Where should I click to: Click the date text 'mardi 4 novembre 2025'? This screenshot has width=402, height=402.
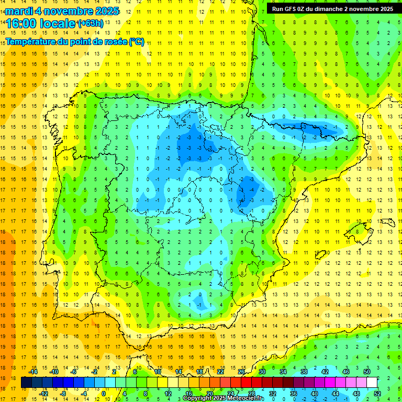click(x=62, y=11)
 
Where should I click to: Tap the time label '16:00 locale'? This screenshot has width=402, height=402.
click(x=41, y=24)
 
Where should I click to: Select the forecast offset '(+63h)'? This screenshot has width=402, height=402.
click(x=91, y=23)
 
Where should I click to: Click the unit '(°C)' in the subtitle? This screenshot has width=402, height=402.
click(x=136, y=42)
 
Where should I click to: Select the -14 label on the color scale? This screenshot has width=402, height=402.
click(x=33, y=372)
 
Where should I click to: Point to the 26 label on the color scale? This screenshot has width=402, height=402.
click(x=241, y=372)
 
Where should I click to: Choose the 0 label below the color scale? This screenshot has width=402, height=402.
click(x=104, y=393)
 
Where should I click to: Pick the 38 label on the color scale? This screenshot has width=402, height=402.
click(x=304, y=372)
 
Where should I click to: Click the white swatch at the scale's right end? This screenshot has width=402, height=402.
click(x=372, y=383)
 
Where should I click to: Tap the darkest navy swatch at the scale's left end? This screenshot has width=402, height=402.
click(x=27, y=383)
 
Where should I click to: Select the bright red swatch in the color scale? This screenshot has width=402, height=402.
click(x=247, y=383)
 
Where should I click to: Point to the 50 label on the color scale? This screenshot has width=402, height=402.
click(x=367, y=372)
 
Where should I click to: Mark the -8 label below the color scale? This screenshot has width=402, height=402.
click(x=63, y=393)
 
